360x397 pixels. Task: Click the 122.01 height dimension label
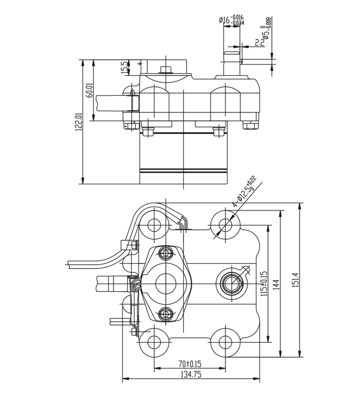pyautogui.click(x=78, y=122)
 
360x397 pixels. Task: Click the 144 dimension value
pyautogui.click(x=276, y=283)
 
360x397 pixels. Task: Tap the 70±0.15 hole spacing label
pyautogui.click(x=189, y=364)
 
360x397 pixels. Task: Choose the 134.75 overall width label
pyautogui.click(x=191, y=375)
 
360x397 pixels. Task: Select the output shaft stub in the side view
pyautogui.click(x=232, y=60)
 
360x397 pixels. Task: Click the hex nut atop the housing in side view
pyautogui.click(x=165, y=70)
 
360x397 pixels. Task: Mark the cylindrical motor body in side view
pyautogui.click(x=183, y=158)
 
